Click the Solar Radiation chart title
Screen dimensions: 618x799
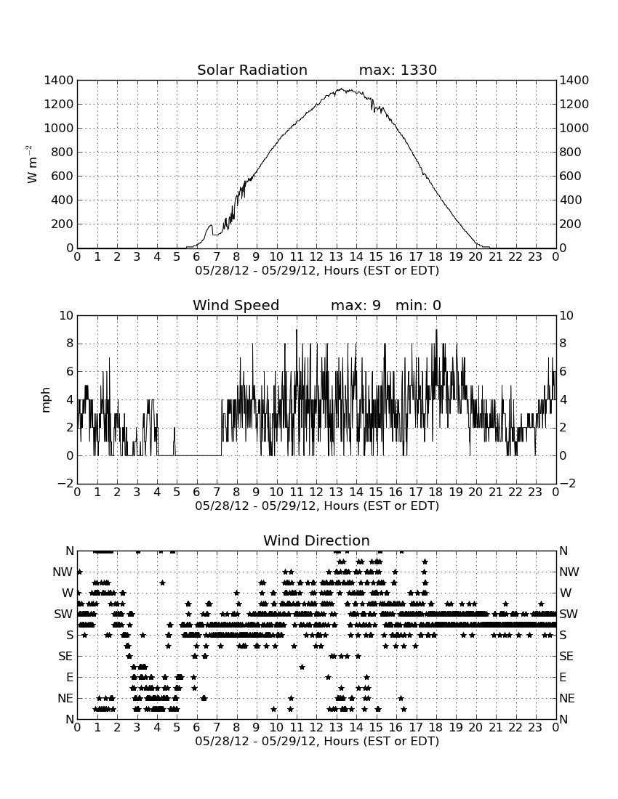252,70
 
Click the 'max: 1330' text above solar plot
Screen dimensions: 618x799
398,70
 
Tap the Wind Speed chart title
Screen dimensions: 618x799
236,305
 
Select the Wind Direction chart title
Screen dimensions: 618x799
316,540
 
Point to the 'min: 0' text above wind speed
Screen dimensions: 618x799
418,305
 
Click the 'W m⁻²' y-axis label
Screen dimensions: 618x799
31,164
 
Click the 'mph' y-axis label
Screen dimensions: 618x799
46,399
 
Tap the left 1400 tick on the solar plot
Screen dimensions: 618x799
59,80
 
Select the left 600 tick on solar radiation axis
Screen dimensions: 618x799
63,176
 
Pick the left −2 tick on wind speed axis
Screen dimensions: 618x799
65,484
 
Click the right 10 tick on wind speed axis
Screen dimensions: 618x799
566,315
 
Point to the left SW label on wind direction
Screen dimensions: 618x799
63,614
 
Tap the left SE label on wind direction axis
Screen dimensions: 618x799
65,657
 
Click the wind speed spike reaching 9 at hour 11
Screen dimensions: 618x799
296,330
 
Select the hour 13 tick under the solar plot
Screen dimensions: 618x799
336,256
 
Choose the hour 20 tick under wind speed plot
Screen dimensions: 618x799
475,492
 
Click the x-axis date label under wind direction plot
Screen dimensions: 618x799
317,741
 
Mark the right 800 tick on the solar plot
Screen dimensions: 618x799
571,152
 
